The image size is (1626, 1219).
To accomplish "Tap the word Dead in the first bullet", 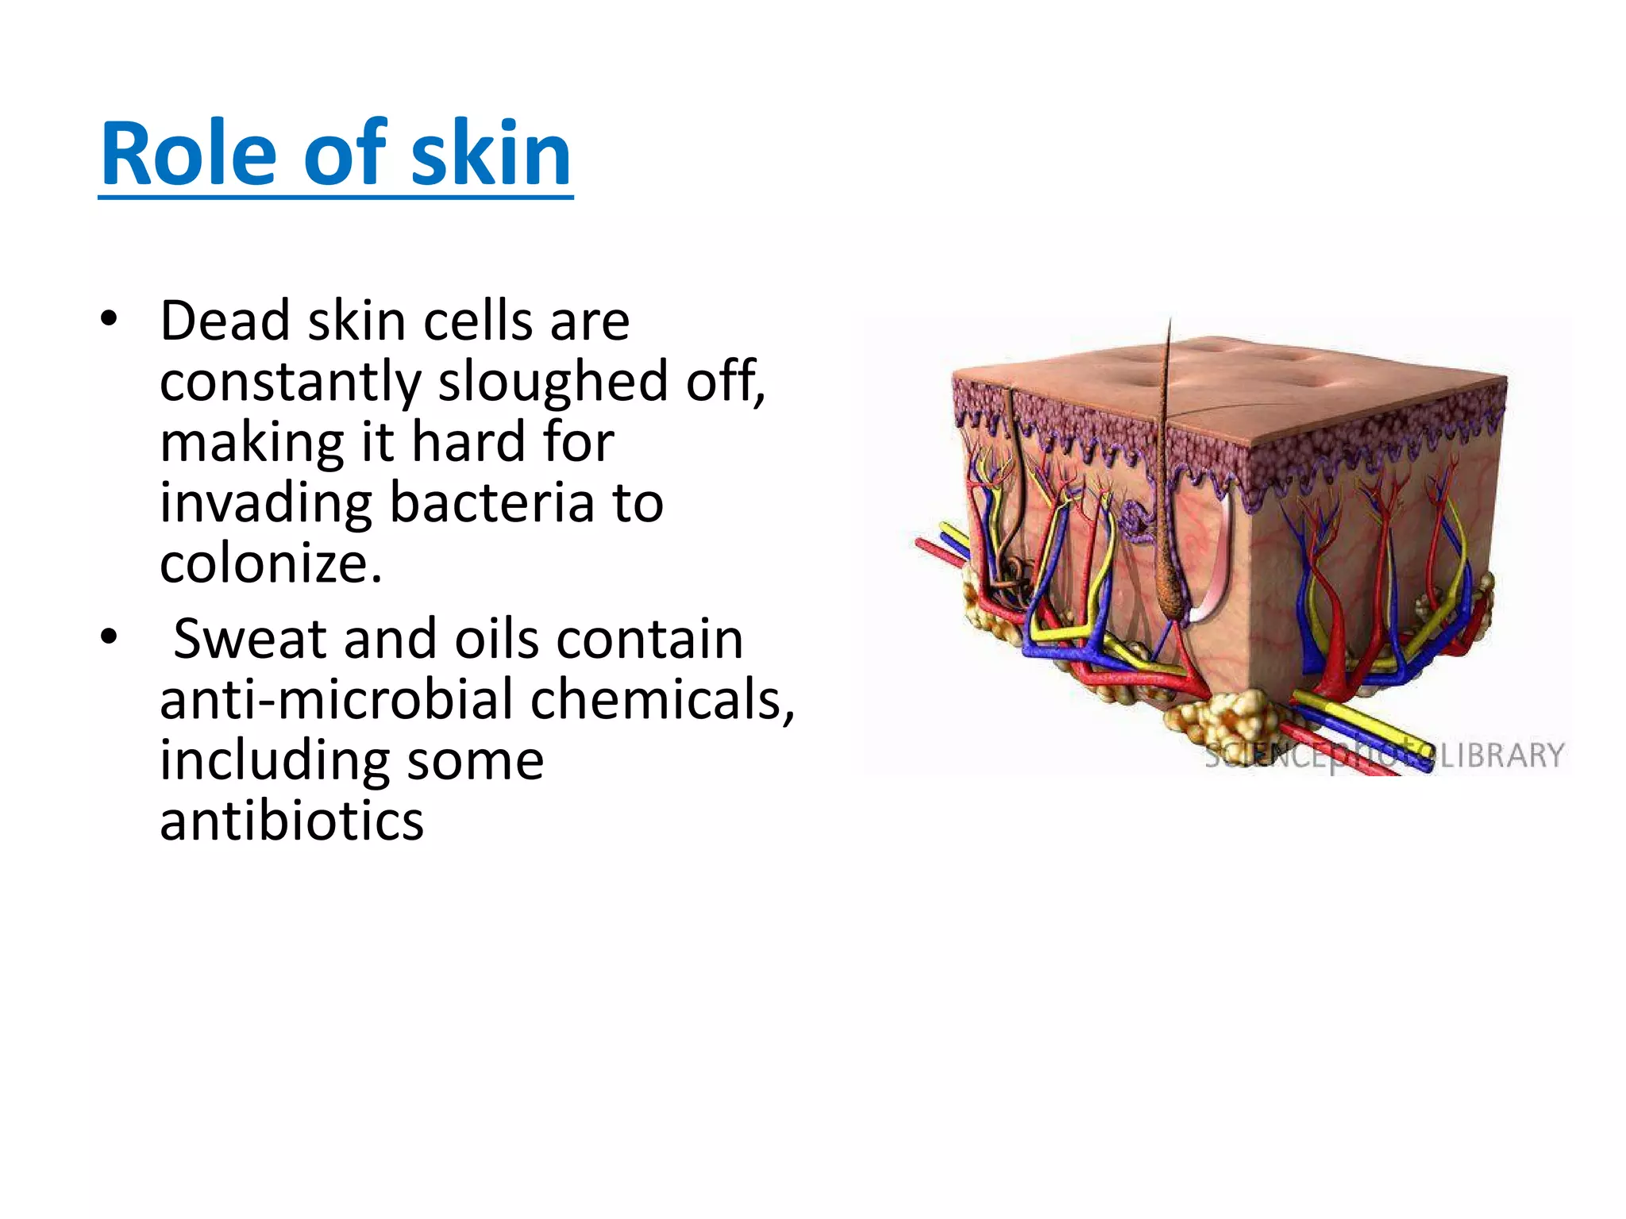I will click(x=225, y=321).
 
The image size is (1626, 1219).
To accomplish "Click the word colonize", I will click(x=270, y=563).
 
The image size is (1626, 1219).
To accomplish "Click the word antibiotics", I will click(x=291, y=821).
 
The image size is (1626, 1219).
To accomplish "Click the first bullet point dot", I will click(x=109, y=320).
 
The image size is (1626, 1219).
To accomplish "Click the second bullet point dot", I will click(x=109, y=637).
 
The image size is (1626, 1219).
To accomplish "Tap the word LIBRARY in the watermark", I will click(x=1501, y=755).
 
